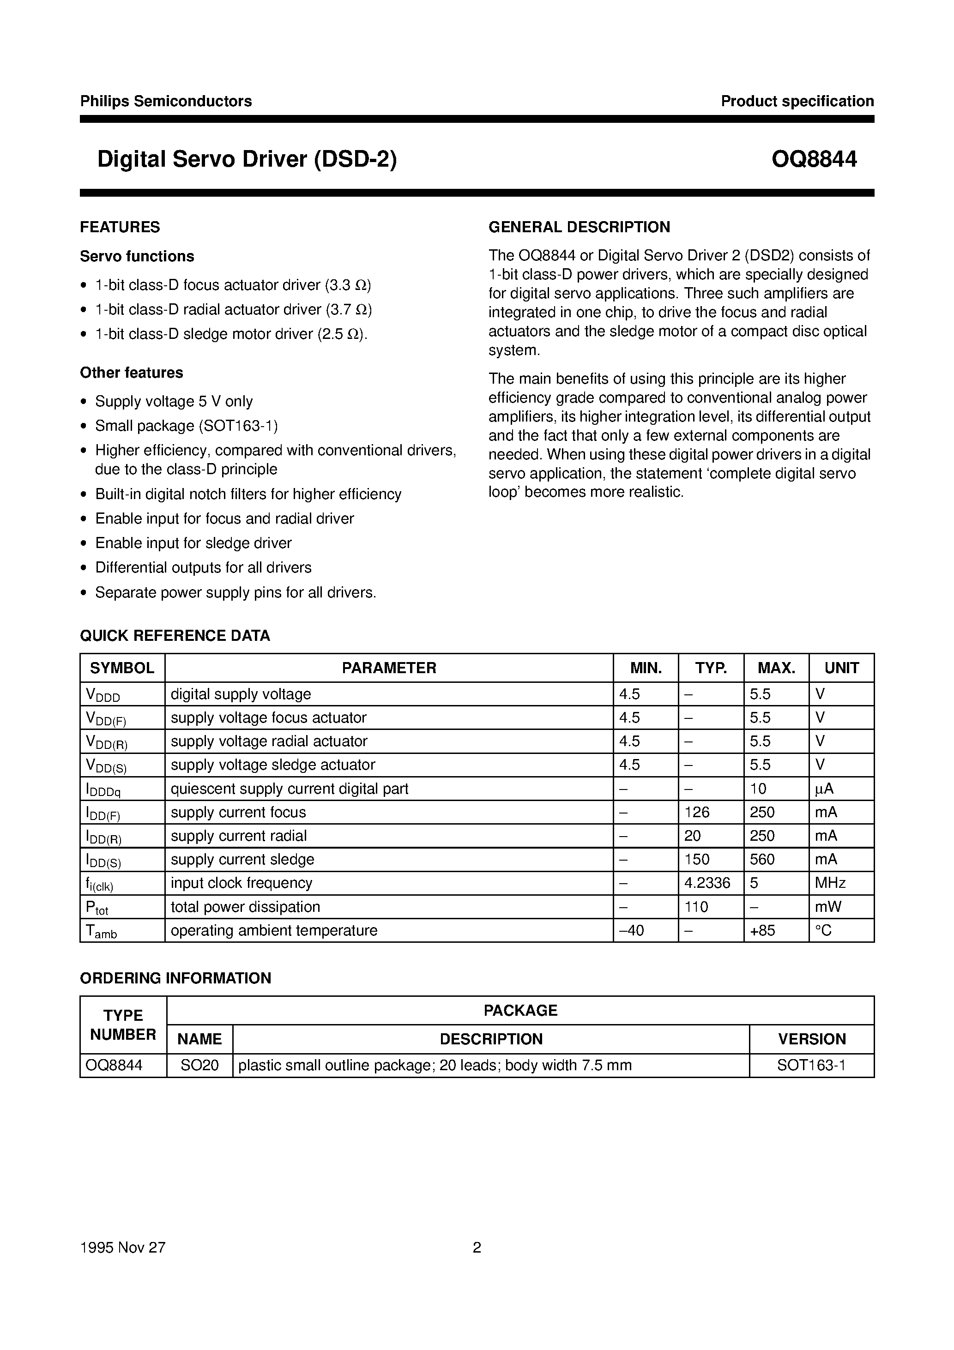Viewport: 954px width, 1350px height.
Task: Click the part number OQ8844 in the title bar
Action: [814, 159]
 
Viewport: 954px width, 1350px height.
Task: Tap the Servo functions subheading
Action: [137, 256]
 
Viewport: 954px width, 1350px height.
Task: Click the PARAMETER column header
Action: [389, 668]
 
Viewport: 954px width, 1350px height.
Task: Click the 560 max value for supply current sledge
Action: [762, 860]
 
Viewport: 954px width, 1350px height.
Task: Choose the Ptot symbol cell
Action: [97, 908]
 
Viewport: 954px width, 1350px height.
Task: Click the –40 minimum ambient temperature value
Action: [632, 931]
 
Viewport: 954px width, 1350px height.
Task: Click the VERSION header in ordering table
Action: [812, 1039]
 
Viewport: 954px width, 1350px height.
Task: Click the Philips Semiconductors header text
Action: [166, 101]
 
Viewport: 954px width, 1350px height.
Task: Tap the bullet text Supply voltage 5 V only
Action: [174, 402]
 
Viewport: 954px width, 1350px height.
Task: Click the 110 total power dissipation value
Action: [696, 907]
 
